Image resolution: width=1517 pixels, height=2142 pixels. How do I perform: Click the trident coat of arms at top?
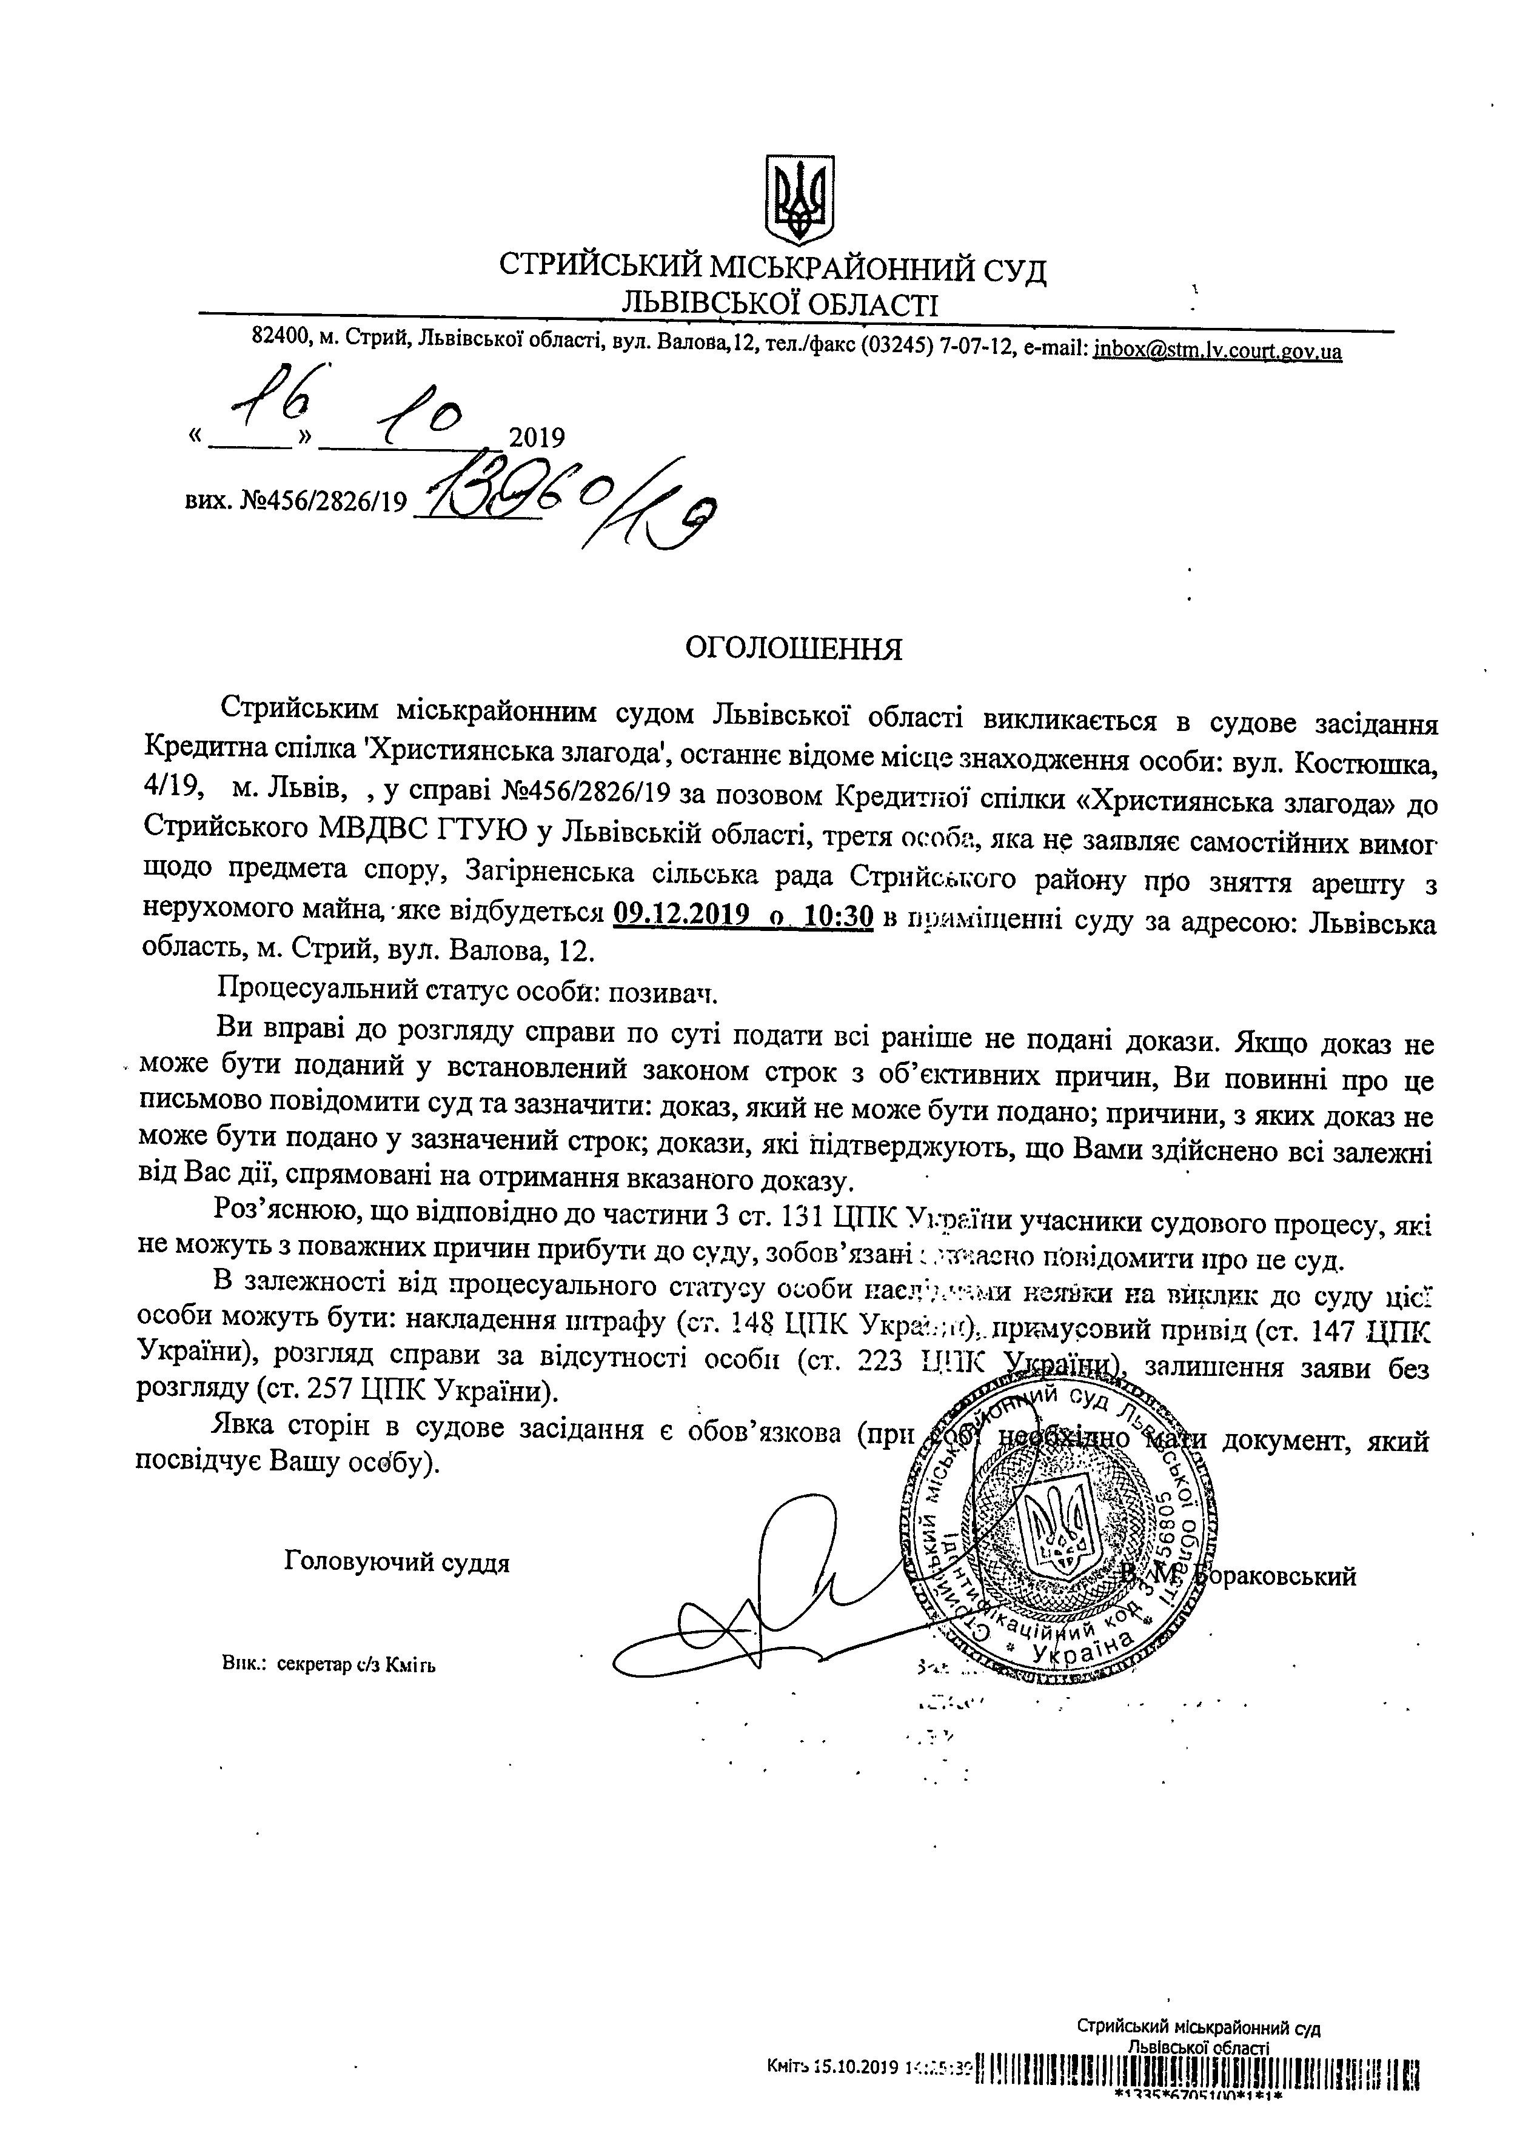pos(800,199)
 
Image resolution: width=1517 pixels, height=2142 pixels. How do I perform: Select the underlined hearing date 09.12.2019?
pos(684,917)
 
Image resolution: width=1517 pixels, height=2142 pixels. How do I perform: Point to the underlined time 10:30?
pos(838,917)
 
